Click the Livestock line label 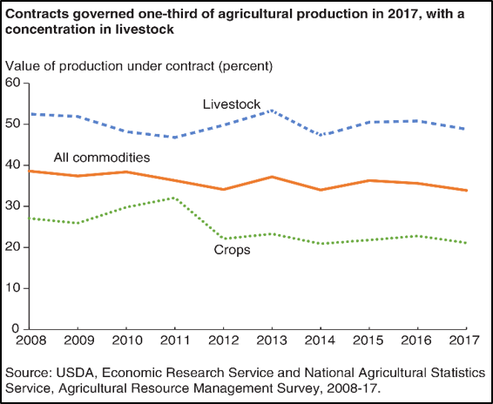point(232,104)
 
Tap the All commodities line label point(102,158)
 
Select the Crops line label point(232,250)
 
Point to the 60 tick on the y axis point(13,83)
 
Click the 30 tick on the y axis point(13,206)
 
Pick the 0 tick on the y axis point(17,329)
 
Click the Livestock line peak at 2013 point(273,111)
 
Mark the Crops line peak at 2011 point(175,198)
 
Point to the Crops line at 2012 point(224,238)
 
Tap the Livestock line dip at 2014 point(321,135)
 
